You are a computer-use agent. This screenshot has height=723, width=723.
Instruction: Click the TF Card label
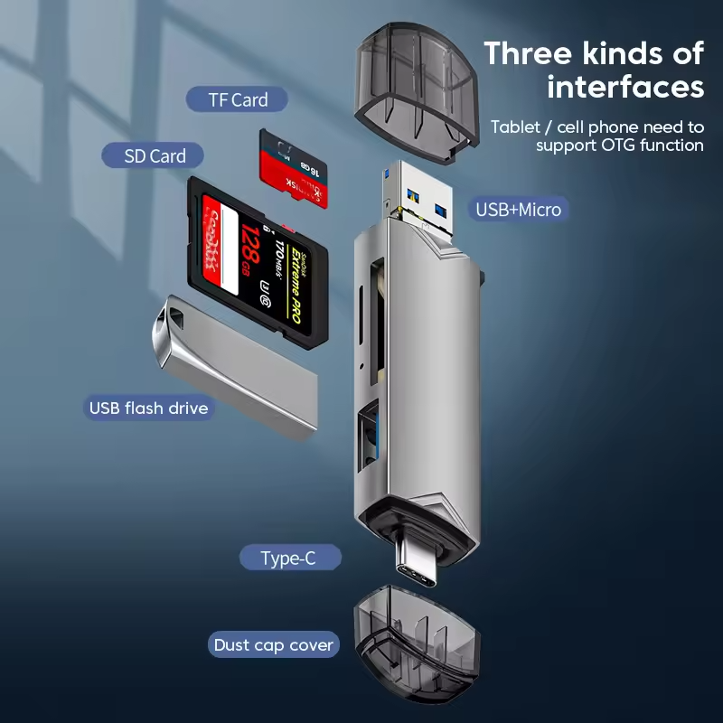[237, 99]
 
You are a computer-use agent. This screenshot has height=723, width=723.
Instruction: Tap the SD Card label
[155, 155]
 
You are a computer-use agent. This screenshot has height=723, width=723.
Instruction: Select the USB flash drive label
[148, 408]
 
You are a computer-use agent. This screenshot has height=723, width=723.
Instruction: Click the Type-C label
[289, 558]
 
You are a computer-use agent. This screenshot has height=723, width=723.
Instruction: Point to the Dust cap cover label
[273, 645]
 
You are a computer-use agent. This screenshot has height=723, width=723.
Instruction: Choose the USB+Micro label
[519, 210]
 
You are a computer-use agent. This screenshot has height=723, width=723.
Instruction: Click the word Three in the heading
[528, 53]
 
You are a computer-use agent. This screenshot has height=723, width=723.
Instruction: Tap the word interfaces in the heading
[625, 87]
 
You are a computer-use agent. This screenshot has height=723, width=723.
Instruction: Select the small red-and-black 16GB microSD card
[293, 170]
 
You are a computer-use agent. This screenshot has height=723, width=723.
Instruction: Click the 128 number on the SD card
[250, 250]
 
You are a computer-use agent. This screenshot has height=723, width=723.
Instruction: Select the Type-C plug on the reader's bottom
[418, 562]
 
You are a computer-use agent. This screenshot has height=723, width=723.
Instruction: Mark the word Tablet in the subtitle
[516, 127]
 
